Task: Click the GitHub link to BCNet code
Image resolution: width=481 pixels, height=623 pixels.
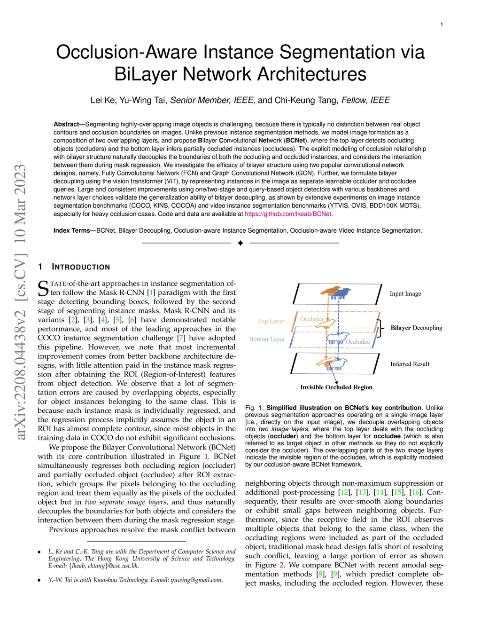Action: [288, 214]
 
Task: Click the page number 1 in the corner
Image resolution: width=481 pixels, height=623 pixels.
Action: [442, 24]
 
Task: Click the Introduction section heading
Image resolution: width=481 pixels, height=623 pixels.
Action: [81, 267]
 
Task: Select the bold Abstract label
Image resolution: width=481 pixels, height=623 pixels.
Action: [66, 124]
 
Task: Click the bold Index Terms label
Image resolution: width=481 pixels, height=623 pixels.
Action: [71, 230]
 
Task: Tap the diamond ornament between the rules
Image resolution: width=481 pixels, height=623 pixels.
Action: [240, 243]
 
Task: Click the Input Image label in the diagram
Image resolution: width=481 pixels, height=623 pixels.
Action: [405, 294]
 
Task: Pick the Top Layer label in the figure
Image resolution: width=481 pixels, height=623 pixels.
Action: [271, 321]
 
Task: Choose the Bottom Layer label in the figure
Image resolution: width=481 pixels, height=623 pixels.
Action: [267, 339]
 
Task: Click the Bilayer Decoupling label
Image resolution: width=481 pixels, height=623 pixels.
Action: [416, 328]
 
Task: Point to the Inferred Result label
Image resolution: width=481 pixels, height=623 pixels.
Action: [410, 364]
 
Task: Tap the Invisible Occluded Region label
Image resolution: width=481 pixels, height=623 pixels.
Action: [336, 387]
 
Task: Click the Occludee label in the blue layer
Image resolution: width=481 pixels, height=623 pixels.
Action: [357, 342]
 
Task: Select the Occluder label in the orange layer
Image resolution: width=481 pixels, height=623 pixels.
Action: [312, 319]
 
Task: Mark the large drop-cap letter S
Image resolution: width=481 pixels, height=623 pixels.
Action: [43, 288]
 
